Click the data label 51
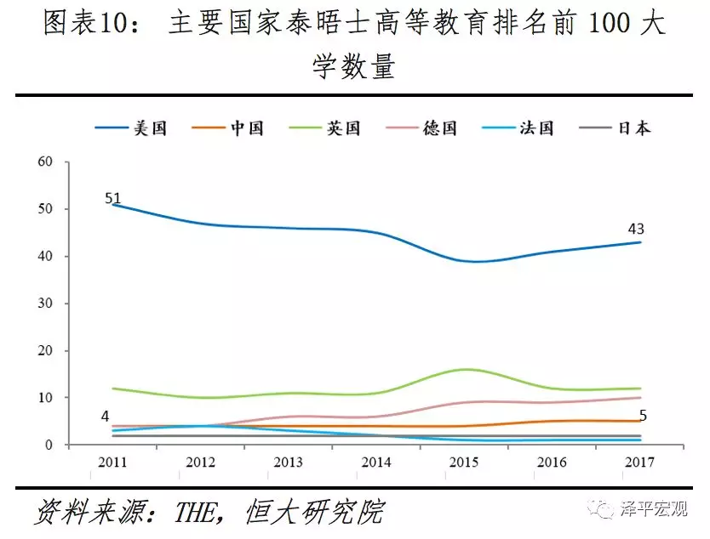pos(113,198)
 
